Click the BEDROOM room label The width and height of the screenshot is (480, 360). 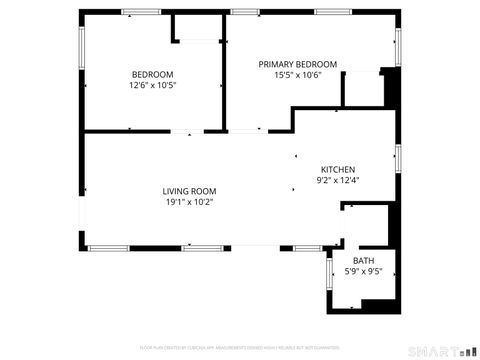(x=152, y=74)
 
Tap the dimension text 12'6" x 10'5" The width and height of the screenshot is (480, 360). (x=152, y=85)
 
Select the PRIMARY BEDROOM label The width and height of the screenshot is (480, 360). (x=298, y=64)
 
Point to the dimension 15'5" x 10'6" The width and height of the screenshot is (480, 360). (x=298, y=75)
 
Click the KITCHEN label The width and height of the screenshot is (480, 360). (x=337, y=169)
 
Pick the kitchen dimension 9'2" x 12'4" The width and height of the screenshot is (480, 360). (x=337, y=180)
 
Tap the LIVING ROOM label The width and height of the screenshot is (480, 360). (x=190, y=191)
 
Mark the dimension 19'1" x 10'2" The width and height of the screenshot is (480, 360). (x=190, y=202)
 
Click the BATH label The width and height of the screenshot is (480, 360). (x=363, y=261)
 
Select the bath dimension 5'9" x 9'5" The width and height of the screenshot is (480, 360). (x=363, y=272)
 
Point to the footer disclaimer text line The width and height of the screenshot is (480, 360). (x=240, y=348)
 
